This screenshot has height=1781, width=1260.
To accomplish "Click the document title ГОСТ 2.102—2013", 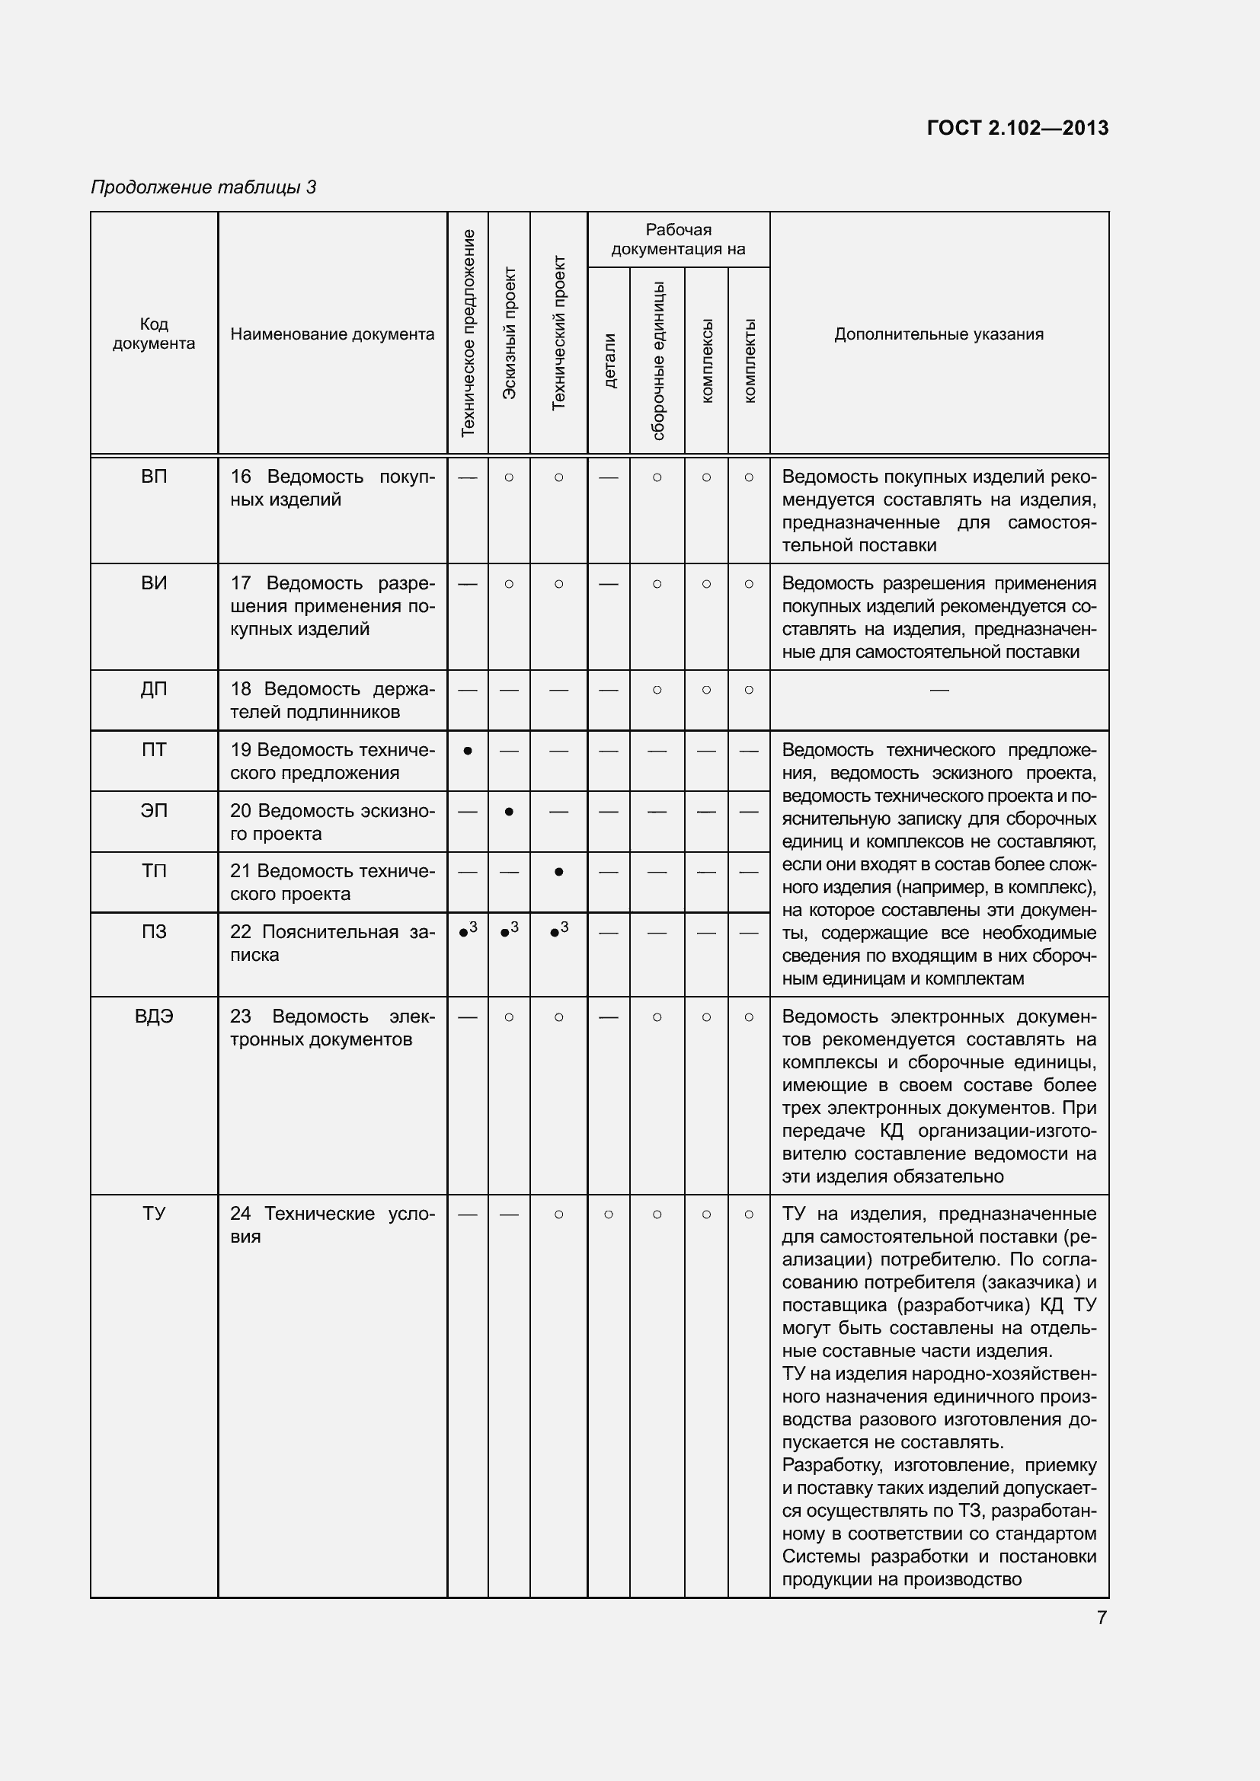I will [x=1017, y=128].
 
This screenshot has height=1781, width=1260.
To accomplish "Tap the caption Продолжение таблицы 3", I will [x=203, y=187].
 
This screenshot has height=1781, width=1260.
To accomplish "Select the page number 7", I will [x=1102, y=1617].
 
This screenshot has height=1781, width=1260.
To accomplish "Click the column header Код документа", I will [x=154, y=334].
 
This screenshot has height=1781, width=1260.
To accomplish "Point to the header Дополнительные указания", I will [x=939, y=334].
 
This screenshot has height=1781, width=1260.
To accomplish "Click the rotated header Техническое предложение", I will [x=468, y=333].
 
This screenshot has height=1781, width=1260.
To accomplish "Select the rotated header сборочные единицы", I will [x=657, y=361].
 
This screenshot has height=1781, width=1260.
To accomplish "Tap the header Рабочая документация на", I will [x=678, y=240].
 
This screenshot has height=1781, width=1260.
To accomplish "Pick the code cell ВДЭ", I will [x=154, y=1017].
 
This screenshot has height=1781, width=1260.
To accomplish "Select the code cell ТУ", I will [x=154, y=1214].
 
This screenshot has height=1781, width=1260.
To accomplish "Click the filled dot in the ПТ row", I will [x=468, y=751].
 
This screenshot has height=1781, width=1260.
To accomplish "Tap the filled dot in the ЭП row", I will [x=509, y=812].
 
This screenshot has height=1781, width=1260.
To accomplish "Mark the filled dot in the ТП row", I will [x=558, y=872].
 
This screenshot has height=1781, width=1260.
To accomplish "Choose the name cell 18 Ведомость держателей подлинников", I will [x=332, y=701].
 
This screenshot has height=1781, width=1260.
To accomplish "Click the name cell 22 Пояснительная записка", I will [x=332, y=943].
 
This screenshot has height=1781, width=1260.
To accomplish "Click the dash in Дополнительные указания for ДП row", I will [x=939, y=689].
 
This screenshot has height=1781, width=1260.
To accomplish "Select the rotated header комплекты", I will [x=749, y=361].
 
